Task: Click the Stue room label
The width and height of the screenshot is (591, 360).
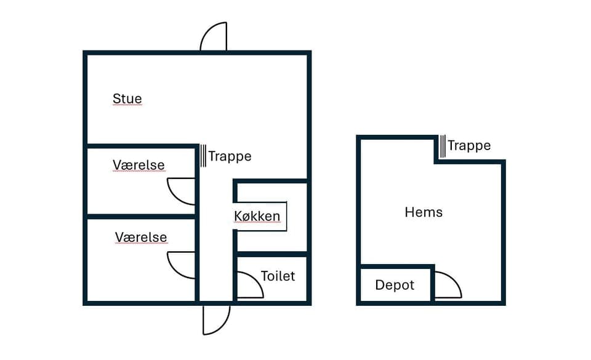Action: [x=127, y=98]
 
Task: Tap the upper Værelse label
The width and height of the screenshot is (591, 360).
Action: [x=139, y=165]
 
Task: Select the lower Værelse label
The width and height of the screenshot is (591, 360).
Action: [x=141, y=238]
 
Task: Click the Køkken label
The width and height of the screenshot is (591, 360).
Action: [x=257, y=217]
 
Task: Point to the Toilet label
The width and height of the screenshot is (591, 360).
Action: [x=278, y=276]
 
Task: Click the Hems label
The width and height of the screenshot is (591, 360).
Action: [x=424, y=212]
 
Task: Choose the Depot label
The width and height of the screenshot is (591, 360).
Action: [x=395, y=286]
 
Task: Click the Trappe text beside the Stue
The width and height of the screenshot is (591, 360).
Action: [x=230, y=156]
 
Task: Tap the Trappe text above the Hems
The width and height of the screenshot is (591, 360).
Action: [x=469, y=146]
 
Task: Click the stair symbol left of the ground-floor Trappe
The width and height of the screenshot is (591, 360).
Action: [x=203, y=156]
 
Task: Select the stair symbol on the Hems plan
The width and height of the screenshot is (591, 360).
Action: [x=443, y=146]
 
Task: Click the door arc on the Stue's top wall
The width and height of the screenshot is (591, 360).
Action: [x=215, y=37]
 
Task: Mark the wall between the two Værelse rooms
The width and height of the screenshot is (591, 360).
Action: [x=140, y=217]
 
